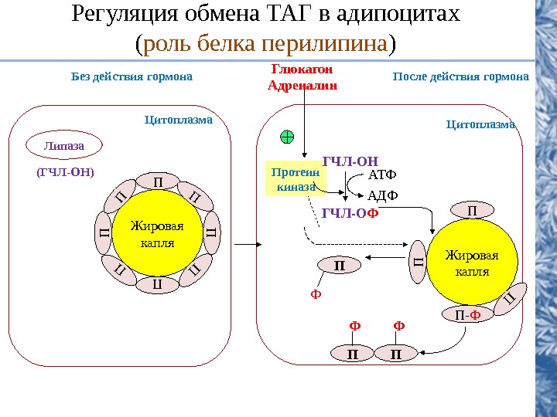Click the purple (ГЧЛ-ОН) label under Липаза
(x=64, y=172)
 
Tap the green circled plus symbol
(x=287, y=137)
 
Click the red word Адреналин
(x=302, y=86)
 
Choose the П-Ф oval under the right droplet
(x=466, y=314)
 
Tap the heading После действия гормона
(x=461, y=77)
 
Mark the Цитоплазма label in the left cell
(x=179, y=120)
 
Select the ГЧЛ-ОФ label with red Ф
(x=350, y=213)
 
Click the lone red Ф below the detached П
(x=315, y=293)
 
